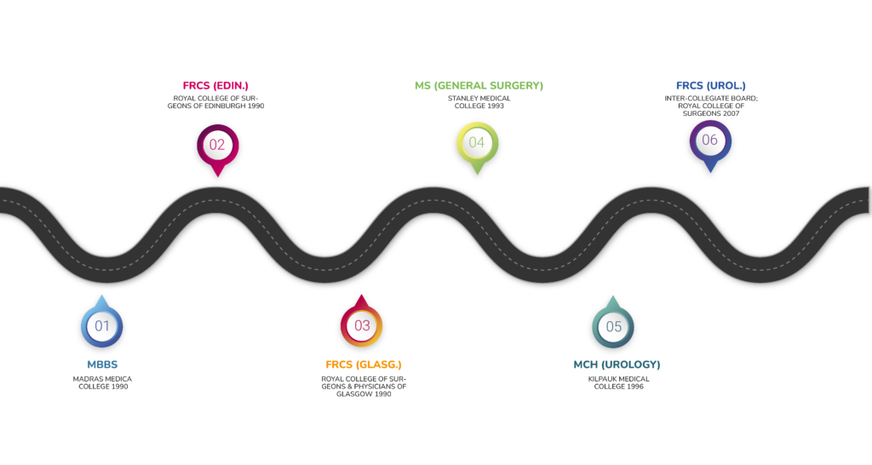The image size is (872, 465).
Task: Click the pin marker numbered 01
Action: pyautogui.click(x=101, y=326)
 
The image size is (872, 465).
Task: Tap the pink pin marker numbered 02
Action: pyautogui.click(x=217, y=145)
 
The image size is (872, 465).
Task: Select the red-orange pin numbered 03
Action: pyautogui.click(x=362, y=326)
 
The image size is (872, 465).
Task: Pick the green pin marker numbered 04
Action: pyautogui.click(x=476, y=143)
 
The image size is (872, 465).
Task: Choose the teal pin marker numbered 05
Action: pyautogui.click(x=613, y=327)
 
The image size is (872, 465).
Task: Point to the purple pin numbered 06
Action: pyautogui.click(x=709, y=141)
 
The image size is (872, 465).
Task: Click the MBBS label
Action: pyautogui.click(x=101, y=365)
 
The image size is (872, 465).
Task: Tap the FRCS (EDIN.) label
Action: pyautogui.click(x=215, y=86)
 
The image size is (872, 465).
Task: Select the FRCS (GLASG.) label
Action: pyautogui.click(x=364, y=365)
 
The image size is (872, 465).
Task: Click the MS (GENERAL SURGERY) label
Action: pyautogui.click(x=479, y=86)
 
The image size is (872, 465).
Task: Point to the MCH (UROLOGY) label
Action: pyautogui.click(x=617, y=365)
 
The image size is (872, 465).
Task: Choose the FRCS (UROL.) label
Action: pyautogui.click(x=710, y=86)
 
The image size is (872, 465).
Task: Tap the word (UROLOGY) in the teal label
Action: pyautogui.click(x=631, y=365)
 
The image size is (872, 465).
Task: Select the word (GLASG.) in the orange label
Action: pyautogui.click(x=378, y=365)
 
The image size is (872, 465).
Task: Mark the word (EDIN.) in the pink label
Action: pyautogui.click(x=231, y=86)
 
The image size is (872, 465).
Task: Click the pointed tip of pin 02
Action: pyautogui.click(x=217, y=176)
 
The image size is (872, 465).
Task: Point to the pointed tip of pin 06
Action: pyautogui.click(x=709, y=174)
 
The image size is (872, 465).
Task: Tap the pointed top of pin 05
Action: pyautogui.click(x=612, y=296)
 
